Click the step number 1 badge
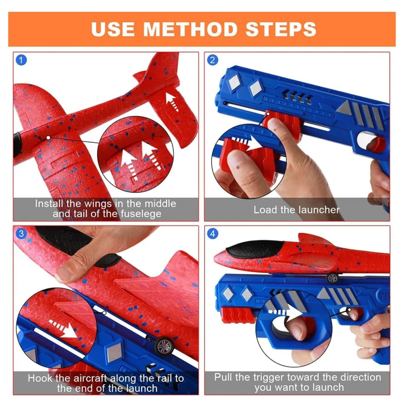pos(21,60)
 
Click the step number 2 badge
pos(212,60)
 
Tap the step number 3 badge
pos(21,234)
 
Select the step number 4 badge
pos(212,234)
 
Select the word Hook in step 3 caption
pos(40,378)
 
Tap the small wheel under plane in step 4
pos(332,278)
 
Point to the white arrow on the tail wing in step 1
pos(171,99)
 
